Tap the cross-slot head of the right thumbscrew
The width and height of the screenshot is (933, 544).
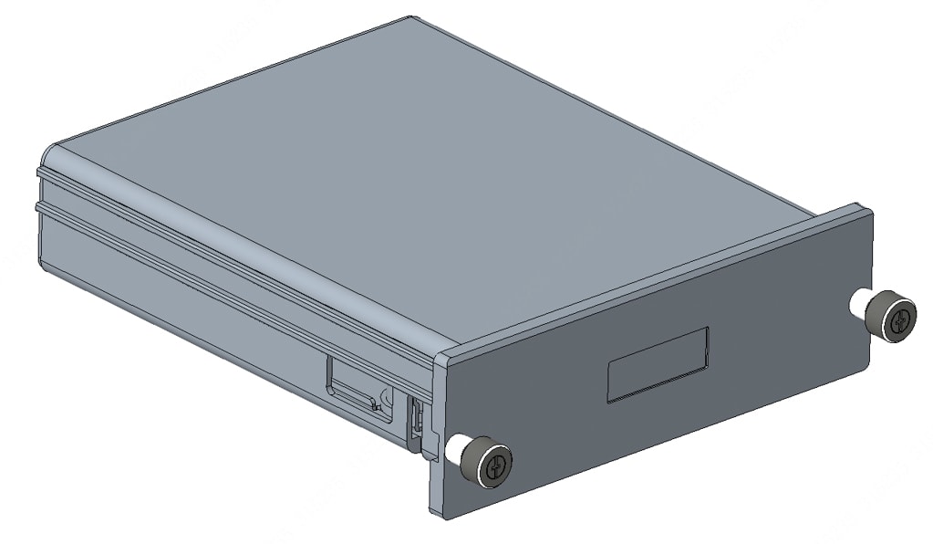899,320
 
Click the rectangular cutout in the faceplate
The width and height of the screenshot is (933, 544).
658,363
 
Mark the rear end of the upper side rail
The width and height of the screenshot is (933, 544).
40,171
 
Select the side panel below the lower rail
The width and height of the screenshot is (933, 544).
182,292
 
